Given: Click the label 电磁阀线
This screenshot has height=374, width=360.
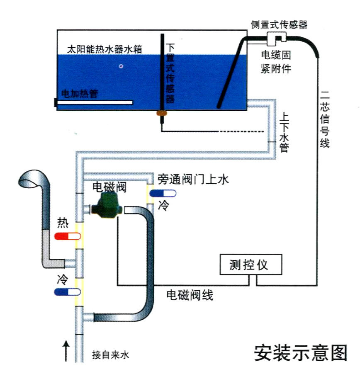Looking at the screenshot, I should point(190,296).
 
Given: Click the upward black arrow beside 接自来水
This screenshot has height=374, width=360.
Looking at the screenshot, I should point(65,351).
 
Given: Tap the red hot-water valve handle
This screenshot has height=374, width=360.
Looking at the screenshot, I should point(67,236).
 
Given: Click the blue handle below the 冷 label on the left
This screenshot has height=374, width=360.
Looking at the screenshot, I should point(67,292).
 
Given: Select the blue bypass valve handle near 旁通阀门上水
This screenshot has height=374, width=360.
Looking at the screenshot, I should point(163,193).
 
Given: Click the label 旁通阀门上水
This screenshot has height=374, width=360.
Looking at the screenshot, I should point(193,180).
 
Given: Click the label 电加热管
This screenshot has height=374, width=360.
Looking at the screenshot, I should point(79,94).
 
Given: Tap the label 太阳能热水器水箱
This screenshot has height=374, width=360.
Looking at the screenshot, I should point(105,49).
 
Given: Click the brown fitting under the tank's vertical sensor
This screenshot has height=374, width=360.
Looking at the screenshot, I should point(161,112).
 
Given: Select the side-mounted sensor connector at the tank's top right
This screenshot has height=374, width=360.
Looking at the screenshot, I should point(275,40).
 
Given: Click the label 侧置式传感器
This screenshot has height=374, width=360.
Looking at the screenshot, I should point(279,24).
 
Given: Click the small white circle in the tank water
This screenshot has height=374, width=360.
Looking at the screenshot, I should point(121,66).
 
